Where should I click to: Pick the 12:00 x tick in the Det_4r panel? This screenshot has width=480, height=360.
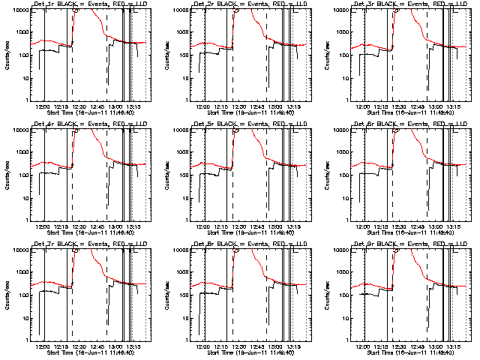tap(43, 226)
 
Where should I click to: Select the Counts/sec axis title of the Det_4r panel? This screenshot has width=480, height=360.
tap(7, 174)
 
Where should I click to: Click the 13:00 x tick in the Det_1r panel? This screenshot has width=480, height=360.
tap(115, 106)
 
